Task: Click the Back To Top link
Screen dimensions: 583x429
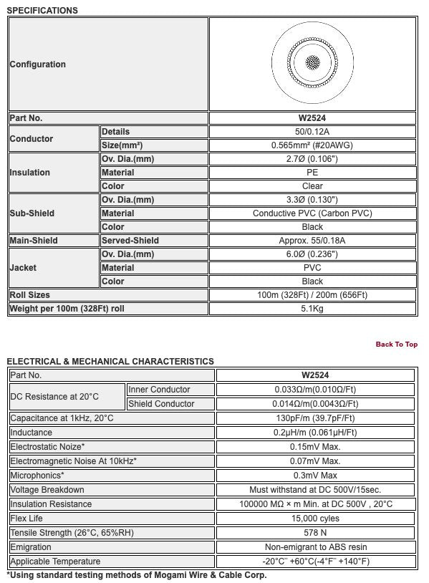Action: pyautogui.click(x=396, y=344)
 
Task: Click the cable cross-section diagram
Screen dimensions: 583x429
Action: pyautogui.click(x=312, y=63)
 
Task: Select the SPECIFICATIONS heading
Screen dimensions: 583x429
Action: pyautogui.click(x=42, y=11)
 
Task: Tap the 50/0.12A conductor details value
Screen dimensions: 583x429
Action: pyautogui.click(x=312, y=132)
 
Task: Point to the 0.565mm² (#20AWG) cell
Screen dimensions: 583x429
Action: pyautogui.click(x=312, y=145)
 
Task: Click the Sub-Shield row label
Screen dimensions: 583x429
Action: pyautogui.click(x=32, y=213)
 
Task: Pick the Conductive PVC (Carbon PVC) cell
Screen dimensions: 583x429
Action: pyautogui.click(x=312, y=213)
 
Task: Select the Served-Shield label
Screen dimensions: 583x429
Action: pyautogui.click(x=130, y=241)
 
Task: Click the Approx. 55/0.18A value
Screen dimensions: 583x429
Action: pyautogui.click(x=312, y=241)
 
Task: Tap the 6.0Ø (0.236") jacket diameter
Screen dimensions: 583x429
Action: pyautogui.click(x=312, y=254)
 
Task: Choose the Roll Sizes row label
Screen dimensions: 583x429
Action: pyautogui.click(x=30, y=295)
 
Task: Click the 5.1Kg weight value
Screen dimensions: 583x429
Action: pyautogui.click(x=312, y=309)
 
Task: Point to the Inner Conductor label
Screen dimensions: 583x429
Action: pyautogui.click(x=159, y=390)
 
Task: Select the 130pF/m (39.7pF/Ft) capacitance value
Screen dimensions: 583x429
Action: pyautogui.click(x=315, y=418)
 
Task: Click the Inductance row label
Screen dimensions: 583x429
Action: pyautogui.click(x=32, y=433)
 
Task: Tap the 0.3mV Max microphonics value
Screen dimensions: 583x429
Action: pyautogui.click(x=315, y=476)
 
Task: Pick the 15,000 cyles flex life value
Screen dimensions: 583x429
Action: pyautogui.click(x=315, y=519)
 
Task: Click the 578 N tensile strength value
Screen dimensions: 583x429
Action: pyautogui.click(x=315, y=533)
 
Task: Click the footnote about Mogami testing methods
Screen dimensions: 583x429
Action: pyautogui.click(x=136, y=575)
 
